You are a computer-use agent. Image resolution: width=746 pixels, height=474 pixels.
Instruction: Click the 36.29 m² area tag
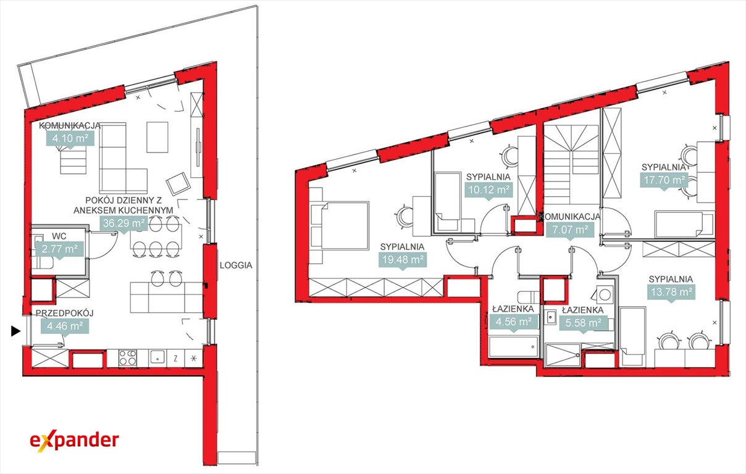[x=124, y=223]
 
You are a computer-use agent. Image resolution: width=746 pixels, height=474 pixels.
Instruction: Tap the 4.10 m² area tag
[x=70, y=138]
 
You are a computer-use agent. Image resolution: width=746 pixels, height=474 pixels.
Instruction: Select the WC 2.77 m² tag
[x=59, y=249]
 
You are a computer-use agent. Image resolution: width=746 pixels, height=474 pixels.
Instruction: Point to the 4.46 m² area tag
[x=65, y=326]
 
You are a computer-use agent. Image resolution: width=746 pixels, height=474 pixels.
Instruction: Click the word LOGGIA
[x=236, y=265]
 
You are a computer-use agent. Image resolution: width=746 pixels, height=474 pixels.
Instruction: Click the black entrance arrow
[x=15, y=331]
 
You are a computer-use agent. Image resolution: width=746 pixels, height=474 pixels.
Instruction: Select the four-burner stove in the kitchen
[x=128, y=358]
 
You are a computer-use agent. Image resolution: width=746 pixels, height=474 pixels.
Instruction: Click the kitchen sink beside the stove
[x=157, y=357]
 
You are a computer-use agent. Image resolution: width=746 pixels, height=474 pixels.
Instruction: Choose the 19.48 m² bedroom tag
[x=403, y=260]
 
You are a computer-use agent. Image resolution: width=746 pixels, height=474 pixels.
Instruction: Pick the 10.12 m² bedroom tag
[x=488, y=189]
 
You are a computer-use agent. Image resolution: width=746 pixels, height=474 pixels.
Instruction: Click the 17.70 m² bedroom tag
[x=664, y=180]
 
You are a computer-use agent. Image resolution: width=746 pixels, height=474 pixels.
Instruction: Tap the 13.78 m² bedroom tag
[x=672, y=292]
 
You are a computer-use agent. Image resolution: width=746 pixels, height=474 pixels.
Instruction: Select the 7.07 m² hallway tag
[x=570, y=230]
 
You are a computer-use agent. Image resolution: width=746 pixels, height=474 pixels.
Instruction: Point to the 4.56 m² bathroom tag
[x=514, y=322]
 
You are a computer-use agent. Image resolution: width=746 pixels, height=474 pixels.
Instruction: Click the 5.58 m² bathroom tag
[x=583, y=323]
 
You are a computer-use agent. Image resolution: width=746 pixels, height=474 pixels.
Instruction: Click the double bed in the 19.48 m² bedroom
[x=340, y=226]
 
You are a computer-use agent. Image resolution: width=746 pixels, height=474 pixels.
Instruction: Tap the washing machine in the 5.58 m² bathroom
[x=605, y=294]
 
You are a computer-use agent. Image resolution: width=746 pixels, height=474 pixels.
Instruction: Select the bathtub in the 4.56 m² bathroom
[x=513, y=346]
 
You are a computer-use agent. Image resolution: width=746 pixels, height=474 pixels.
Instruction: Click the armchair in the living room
[x=178, y=184]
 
